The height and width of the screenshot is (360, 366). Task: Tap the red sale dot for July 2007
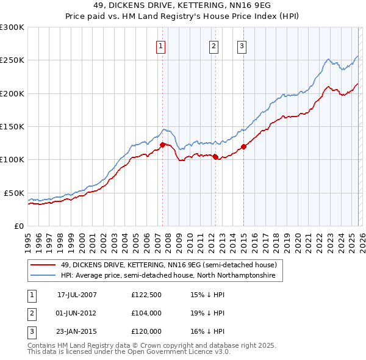163,145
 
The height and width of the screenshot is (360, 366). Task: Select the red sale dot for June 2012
215,157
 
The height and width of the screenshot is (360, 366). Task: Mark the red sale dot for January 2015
243,146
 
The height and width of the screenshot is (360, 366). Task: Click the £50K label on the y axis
14,193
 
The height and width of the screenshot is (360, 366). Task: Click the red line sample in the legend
43,265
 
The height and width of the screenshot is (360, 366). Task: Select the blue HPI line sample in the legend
43,276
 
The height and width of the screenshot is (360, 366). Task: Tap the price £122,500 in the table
146,294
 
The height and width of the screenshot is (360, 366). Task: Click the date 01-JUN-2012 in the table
77,313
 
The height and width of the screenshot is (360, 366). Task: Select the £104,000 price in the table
146,313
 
